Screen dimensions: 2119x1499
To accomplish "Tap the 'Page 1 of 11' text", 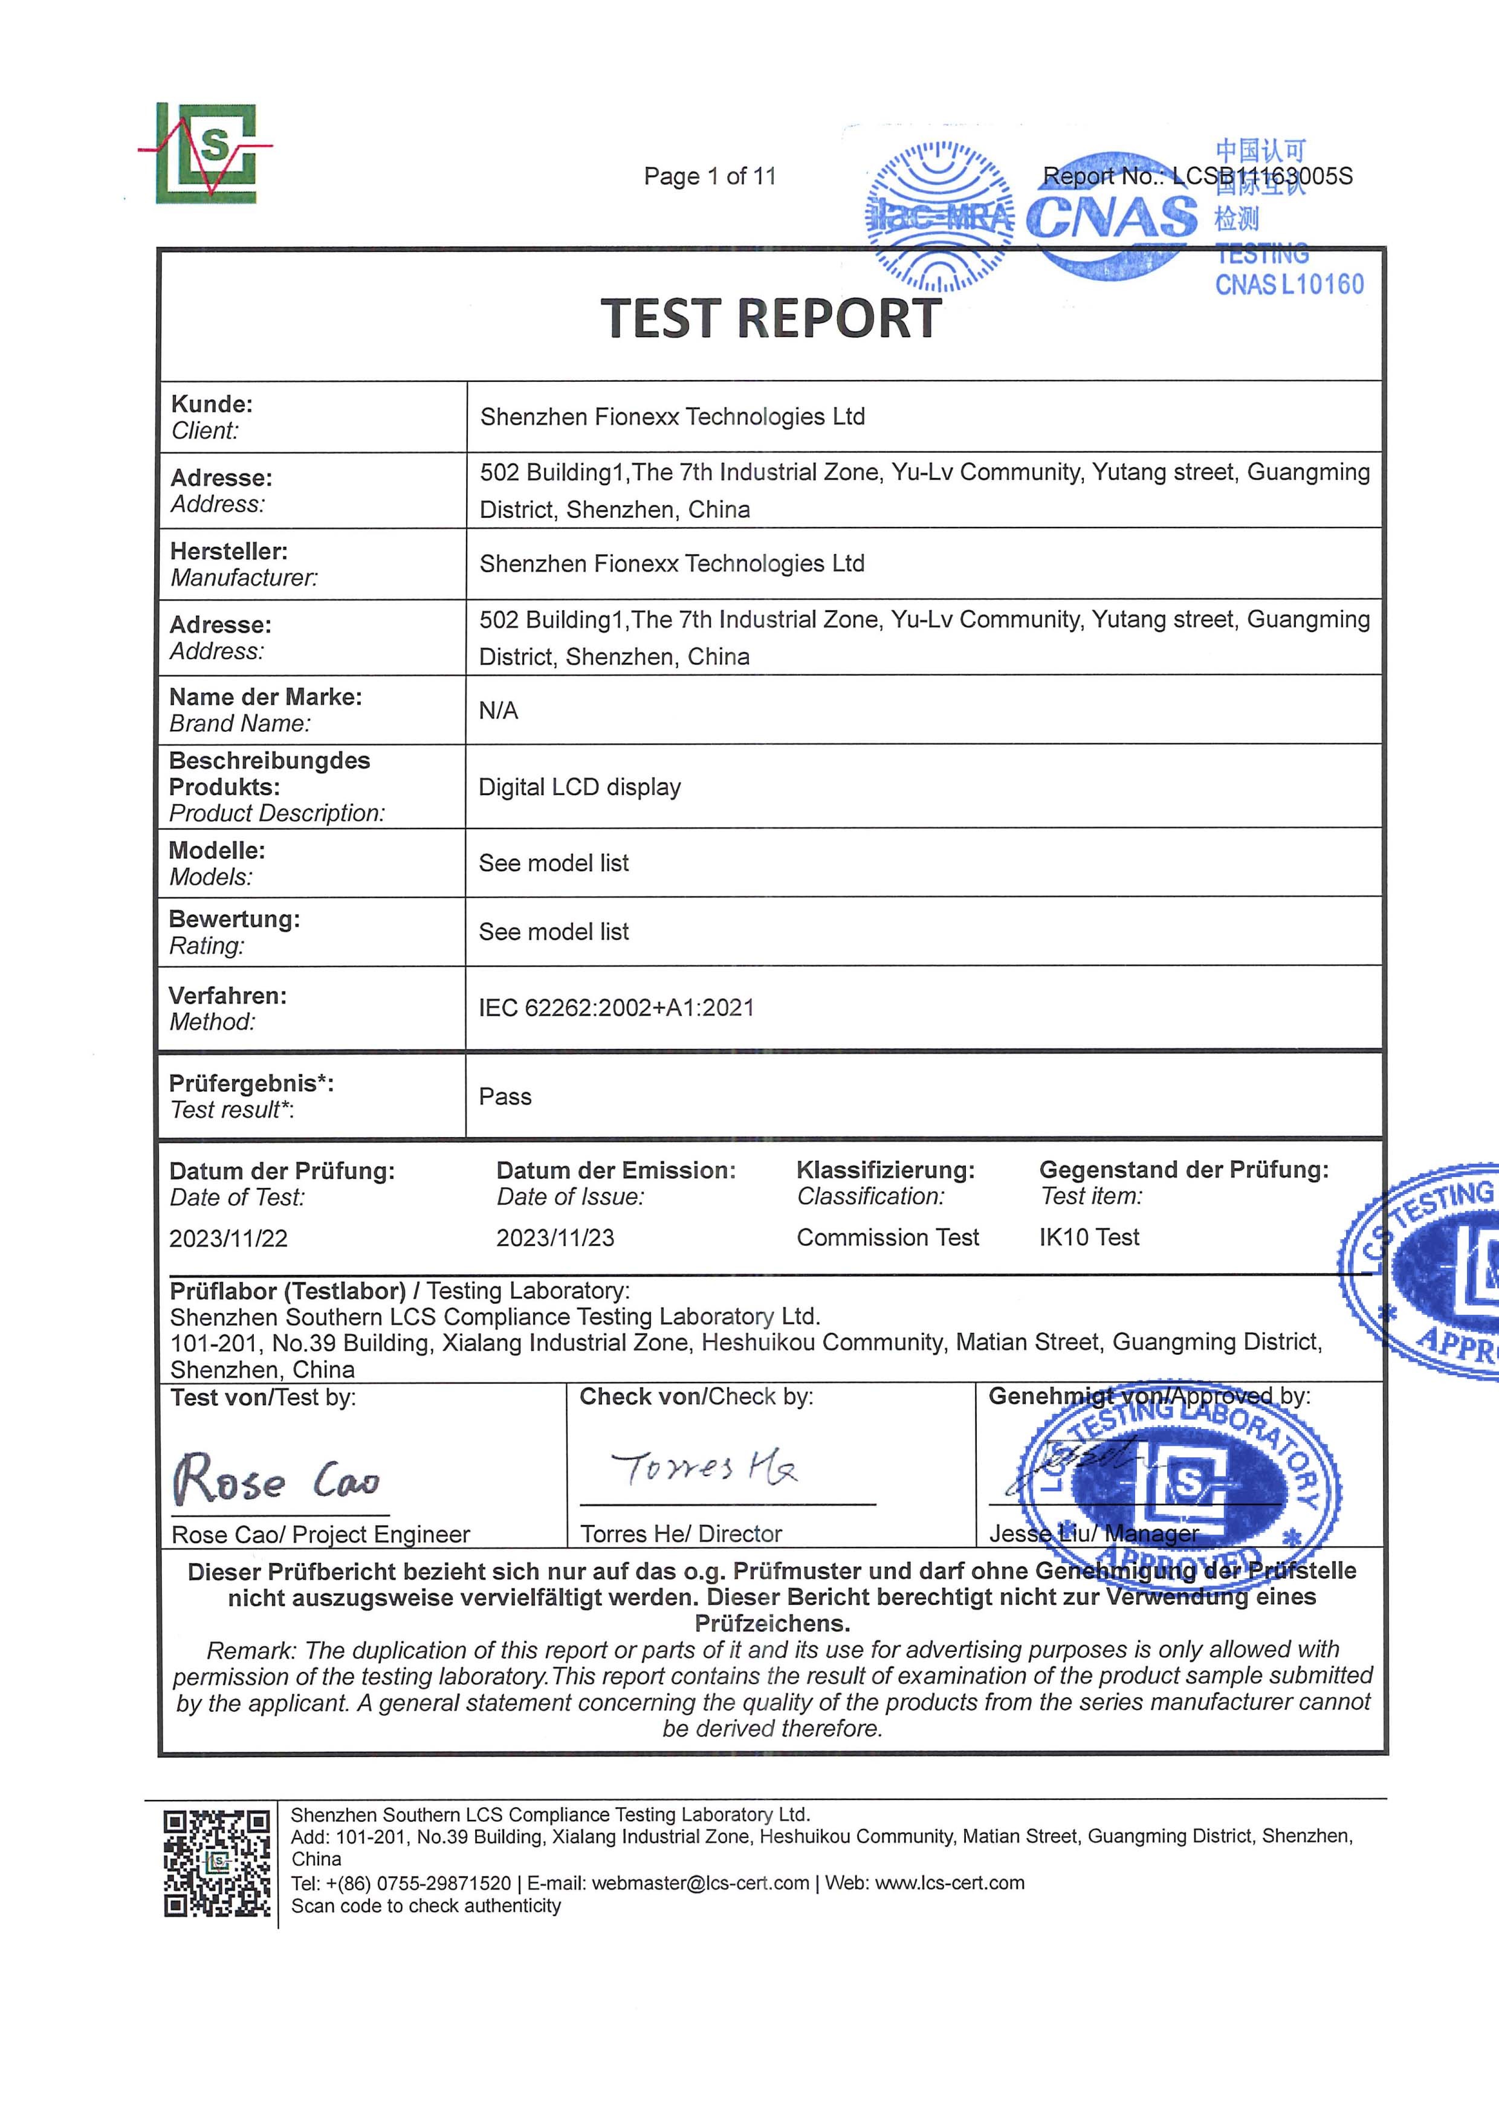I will (709, 176).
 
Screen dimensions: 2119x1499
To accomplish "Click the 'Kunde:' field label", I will (212, 404).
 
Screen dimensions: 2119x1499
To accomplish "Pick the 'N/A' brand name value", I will (499, 711).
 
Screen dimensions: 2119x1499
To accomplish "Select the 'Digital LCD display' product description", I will (580, 787).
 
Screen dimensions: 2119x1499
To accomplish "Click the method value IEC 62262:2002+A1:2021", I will (616, 1008).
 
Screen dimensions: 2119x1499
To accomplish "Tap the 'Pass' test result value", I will (505, 1097).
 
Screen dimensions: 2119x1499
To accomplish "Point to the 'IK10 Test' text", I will (1089, 1237).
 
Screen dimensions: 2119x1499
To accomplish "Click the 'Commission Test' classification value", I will (887, 1237).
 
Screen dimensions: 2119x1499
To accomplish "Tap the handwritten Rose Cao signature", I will (276, 1479).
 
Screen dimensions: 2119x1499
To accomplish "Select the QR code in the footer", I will (217, 1864).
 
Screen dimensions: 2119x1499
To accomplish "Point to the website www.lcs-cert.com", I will (949, 1883).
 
